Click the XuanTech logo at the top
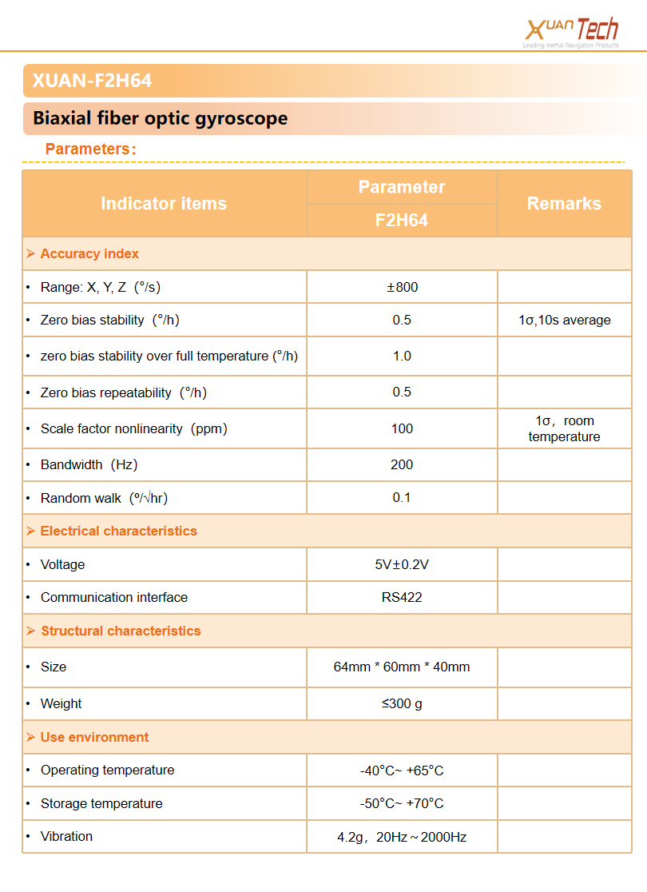(x=571, y=32)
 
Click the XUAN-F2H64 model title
(x=92, y=81)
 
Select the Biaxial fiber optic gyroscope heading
(x=160, y=119)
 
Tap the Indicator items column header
(x=164, y=204)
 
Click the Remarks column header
(x=564, y=204)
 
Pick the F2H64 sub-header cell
(x=402, y=221)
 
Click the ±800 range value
(x=402, y=287)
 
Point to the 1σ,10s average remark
(x=564, y=321)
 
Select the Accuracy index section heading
(x=89, y=254)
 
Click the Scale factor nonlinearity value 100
(x=402, y=429)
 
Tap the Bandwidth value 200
(x=402, y=465)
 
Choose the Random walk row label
(x=104, y=499)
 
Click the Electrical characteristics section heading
(x=118, y=532)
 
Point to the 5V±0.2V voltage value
(x=402, y=565)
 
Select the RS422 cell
(x=402, y=598)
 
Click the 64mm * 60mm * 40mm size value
(x=402, y=667)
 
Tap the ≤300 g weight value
(x=402, y=704)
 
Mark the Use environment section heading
(x=94, y=738)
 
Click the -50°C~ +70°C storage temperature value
(x=402, y=804)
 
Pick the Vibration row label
(x=66, y=837)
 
